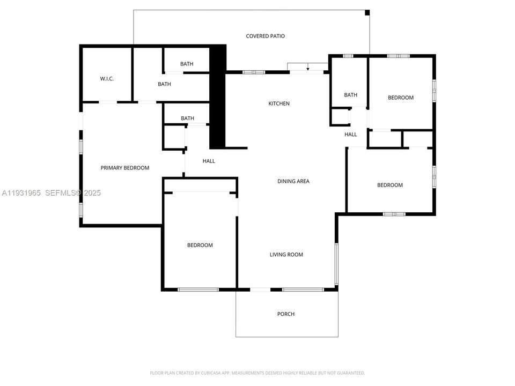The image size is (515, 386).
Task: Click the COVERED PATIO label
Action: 265,36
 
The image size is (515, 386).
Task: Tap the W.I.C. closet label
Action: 107,79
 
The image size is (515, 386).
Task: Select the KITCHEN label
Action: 279,103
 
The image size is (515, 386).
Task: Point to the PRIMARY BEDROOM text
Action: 125,168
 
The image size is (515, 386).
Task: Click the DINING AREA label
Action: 293,181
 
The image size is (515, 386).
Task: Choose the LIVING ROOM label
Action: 286,255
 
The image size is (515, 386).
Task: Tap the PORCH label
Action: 286,314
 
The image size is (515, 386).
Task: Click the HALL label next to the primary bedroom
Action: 209,161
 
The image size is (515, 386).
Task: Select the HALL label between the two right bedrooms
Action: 350,135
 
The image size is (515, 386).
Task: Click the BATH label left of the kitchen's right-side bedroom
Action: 350,95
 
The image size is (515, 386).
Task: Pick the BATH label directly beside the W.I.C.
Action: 164,84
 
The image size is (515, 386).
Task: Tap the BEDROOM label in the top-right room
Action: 401,98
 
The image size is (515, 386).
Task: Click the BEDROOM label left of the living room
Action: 200,245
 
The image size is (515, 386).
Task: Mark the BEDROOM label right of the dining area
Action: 389,185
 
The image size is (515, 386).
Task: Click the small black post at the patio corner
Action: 367,12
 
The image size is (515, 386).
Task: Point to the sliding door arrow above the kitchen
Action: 307,68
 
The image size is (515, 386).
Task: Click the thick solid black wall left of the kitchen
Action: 217,96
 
